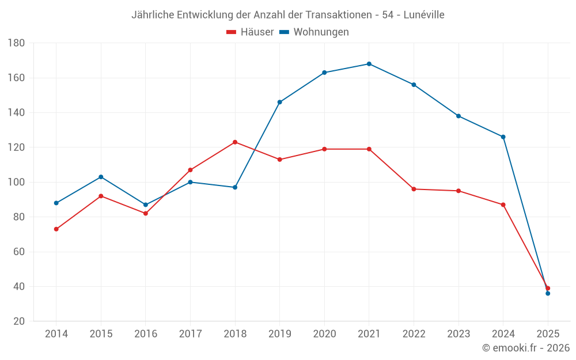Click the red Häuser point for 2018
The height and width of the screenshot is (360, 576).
pos(235,142)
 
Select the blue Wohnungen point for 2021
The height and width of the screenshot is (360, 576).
pos(369,64)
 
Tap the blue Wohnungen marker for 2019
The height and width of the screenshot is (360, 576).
pos(280,102)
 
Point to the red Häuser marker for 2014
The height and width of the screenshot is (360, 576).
pos(56,229)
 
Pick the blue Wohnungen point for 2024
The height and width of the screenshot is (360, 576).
pos(503,137)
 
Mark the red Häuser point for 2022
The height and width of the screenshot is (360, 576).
pos(414,189)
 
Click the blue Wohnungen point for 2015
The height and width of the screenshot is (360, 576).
pos(101,177)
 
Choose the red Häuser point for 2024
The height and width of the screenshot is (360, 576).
pos(503,204)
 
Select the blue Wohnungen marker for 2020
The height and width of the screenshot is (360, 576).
pos(324,73)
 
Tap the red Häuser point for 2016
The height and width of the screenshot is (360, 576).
pos(146,214)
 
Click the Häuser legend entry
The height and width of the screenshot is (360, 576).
pos(250,32)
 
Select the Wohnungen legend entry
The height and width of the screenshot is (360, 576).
pos(314,32)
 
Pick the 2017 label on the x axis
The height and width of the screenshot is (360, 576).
pos(190,334)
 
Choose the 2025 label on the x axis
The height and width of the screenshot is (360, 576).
pos(548,334)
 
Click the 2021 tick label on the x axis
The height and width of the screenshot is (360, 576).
pos(369,334)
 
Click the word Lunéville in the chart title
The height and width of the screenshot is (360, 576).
pos(424,14)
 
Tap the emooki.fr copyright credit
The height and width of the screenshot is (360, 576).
pos(525,348)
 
